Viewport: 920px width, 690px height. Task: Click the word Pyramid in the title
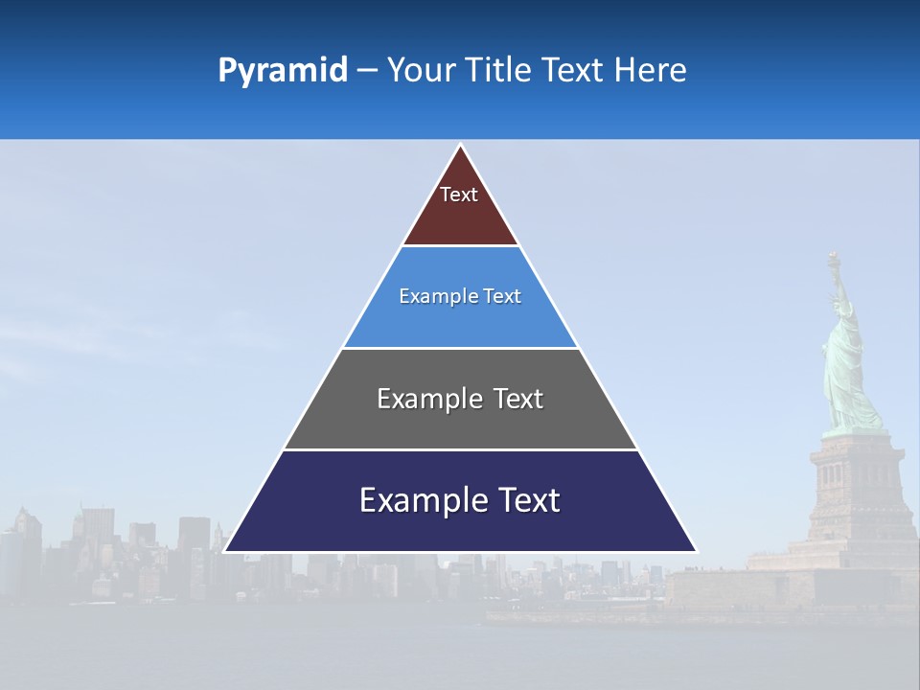coord(283,71)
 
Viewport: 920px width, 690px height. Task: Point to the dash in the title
coord(367,72)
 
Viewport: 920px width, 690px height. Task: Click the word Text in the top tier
coord(459,195)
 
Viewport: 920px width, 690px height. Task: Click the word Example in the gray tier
coord(419,399)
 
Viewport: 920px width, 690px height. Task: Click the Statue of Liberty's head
coord(842,308)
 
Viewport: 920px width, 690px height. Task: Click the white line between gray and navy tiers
coord(460,449)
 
